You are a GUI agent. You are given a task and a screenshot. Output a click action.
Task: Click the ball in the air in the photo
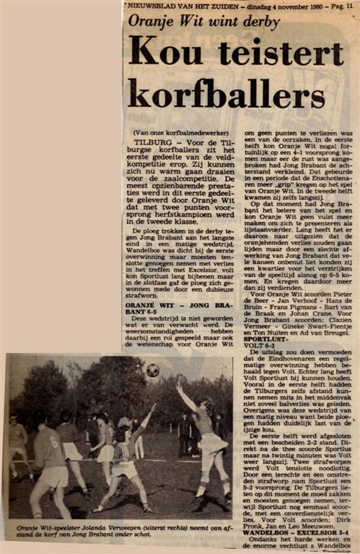click(152, 370)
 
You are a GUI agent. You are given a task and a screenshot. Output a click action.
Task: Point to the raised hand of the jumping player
click(179, 384)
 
